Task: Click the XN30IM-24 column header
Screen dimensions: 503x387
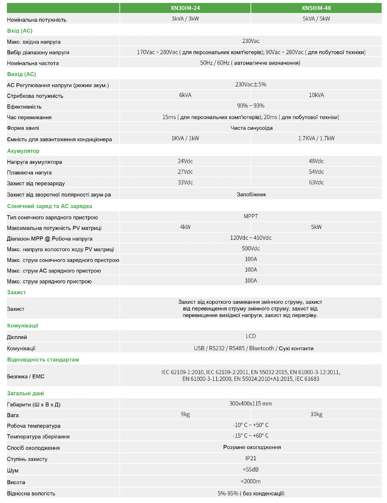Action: click(x=185, y=8)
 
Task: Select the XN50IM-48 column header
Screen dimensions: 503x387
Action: click(x=316, y=8)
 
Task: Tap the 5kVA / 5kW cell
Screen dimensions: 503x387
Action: click(x=316, y=19)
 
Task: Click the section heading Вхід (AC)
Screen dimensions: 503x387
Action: click(x=20, y=31)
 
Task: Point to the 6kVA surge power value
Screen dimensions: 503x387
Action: click(x=185, y=95)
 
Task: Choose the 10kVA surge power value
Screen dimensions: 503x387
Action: click(x=316, y=95)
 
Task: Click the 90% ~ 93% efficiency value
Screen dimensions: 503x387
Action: click(x=251, y=106)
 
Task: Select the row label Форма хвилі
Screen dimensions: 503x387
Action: click(x=23, y=128)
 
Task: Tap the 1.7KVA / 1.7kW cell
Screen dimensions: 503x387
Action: click(x=316, y=138)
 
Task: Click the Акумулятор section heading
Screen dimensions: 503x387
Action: click(x=23, y=151)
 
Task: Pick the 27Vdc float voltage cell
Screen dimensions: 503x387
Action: click(x=185, y=172)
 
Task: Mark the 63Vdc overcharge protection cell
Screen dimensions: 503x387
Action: click(x=316, y=183)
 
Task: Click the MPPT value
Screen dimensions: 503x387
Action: click(x=251, y=217)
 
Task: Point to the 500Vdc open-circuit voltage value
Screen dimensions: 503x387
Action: click(x=251, y=249)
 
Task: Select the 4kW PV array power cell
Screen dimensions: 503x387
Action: click(x=185, y=227)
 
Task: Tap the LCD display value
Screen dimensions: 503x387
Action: click(x=251, y=336)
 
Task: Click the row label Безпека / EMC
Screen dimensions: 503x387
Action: click(x=26, y=377)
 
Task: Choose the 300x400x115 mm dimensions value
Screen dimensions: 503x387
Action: click(x=251, y=404)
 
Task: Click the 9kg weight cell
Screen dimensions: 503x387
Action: click(x=185, y=414)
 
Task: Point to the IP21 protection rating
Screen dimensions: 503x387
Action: click(x=251, y=458)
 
